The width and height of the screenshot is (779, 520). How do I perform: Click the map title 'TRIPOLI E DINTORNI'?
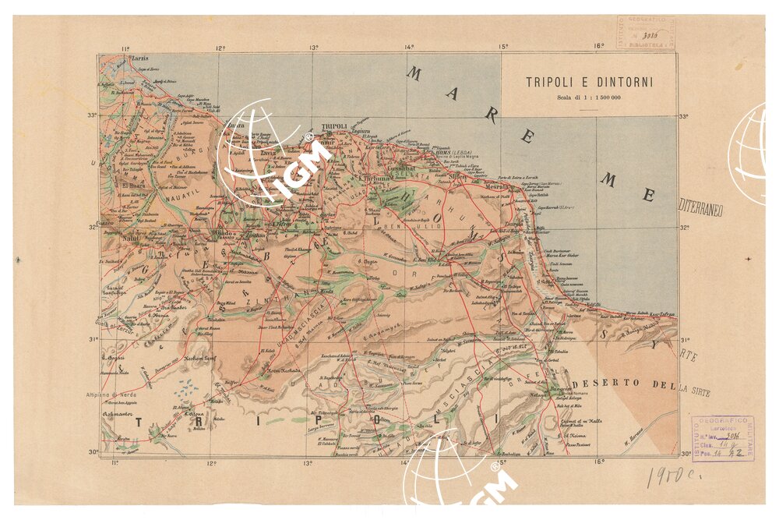tap(589, 81)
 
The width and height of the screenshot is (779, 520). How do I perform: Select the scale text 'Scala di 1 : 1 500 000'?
tap(589, 97)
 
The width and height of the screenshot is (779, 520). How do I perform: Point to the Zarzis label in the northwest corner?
tap(140, 58)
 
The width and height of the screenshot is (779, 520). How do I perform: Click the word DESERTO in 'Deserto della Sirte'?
tap(605, 384)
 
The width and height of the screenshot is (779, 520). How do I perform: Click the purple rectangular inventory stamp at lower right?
tap(722, 439)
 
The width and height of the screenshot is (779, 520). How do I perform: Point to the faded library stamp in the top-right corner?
tap(646, 33)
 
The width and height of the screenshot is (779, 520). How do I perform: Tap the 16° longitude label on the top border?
tap(598, 46)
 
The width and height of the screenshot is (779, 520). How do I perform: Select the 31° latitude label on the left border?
tap(92, 339)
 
